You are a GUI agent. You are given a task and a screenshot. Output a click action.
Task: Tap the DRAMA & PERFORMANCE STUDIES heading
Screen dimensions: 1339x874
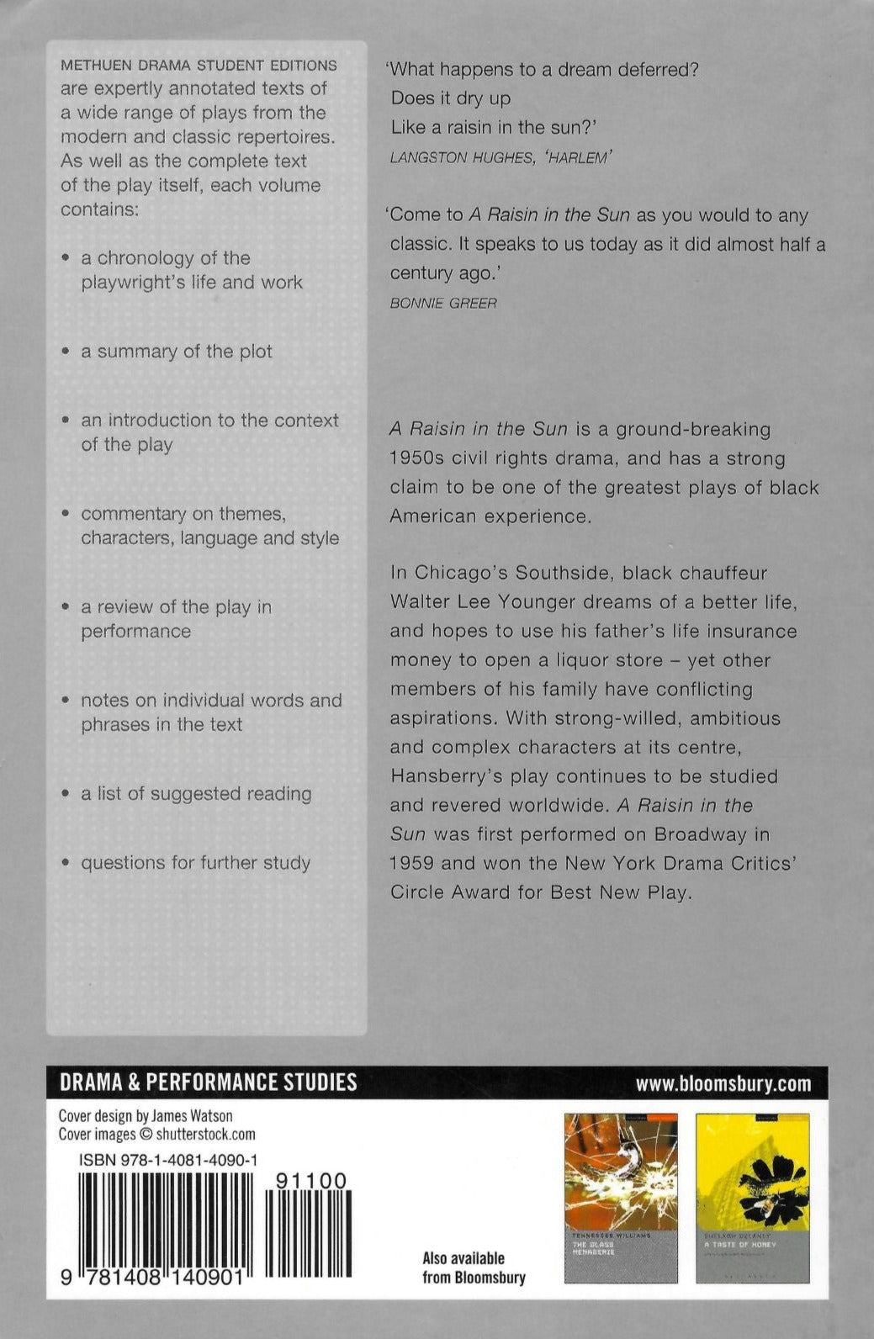(x=208, y=1082)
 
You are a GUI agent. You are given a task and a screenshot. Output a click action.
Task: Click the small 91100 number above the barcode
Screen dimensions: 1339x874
(x=310, y=1181)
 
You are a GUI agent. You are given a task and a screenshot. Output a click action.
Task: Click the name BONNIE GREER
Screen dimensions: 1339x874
(x=443, y=303)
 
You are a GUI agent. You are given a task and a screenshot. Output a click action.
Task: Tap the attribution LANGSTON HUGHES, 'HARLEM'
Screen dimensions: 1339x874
(x=500, y=157)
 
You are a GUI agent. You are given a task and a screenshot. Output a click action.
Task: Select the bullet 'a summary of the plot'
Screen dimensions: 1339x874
(x=176, y=352)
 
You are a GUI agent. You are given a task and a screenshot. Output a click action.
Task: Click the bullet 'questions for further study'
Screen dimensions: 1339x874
(x=195, y=863)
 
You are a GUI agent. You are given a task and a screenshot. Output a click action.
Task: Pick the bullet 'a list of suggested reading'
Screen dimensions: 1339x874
(x=196, y=794)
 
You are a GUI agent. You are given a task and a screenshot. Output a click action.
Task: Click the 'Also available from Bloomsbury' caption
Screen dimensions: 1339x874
(x=474, y=1268)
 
